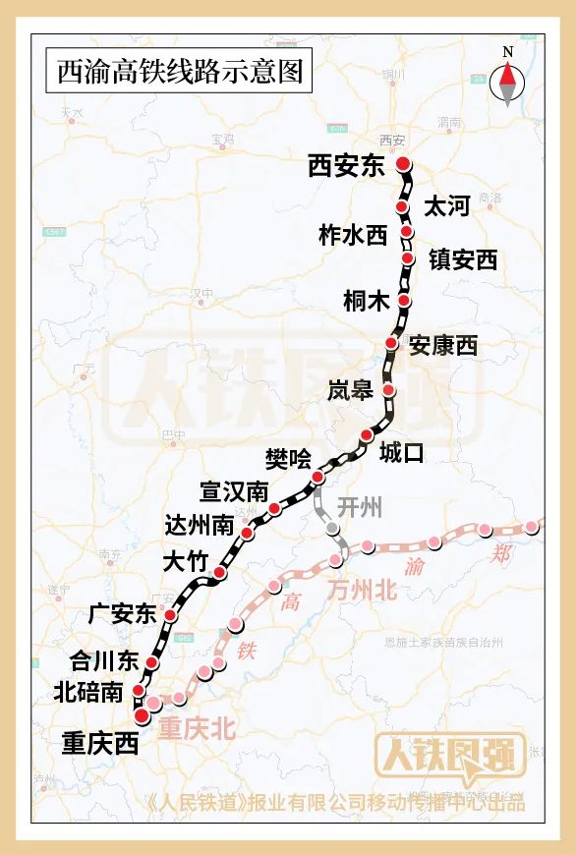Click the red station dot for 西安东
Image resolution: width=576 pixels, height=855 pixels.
coord(402,165)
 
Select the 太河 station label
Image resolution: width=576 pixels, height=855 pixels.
coord(446,206)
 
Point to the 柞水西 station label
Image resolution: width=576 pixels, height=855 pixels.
coord(354,235)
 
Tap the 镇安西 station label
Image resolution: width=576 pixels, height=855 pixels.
coord(460,259)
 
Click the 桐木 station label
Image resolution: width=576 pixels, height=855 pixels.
coord(366,301)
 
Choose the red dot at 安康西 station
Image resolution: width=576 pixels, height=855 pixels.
coord(391,343)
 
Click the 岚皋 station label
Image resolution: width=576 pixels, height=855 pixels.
coord(350,390)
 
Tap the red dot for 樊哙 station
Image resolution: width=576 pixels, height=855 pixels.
coord(317,478)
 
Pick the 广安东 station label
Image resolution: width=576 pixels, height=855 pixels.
coord(122,614)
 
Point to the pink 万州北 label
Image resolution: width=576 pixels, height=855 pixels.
coord(362,591)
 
